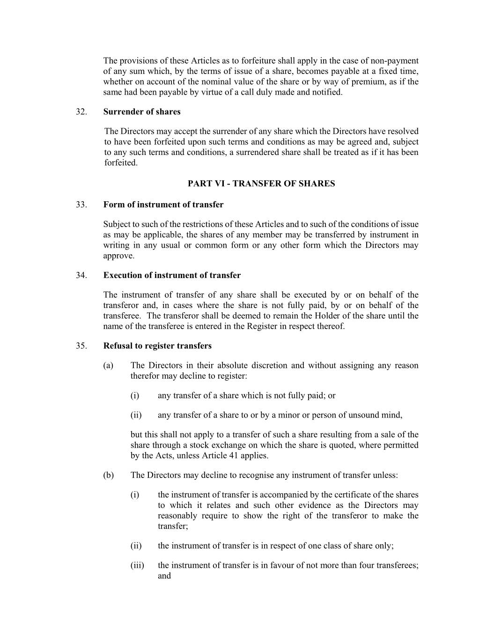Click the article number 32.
81,112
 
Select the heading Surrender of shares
141,112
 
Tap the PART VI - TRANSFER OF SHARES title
261,184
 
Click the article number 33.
81,205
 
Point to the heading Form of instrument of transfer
163,205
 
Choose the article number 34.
81,275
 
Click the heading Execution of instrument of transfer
172,275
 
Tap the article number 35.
81,346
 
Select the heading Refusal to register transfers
157,346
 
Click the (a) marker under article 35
108,366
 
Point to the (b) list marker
108,475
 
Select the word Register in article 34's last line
262,326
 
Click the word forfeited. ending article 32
121,163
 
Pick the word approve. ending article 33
118,256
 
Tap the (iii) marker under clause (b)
137,566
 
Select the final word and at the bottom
164,576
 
